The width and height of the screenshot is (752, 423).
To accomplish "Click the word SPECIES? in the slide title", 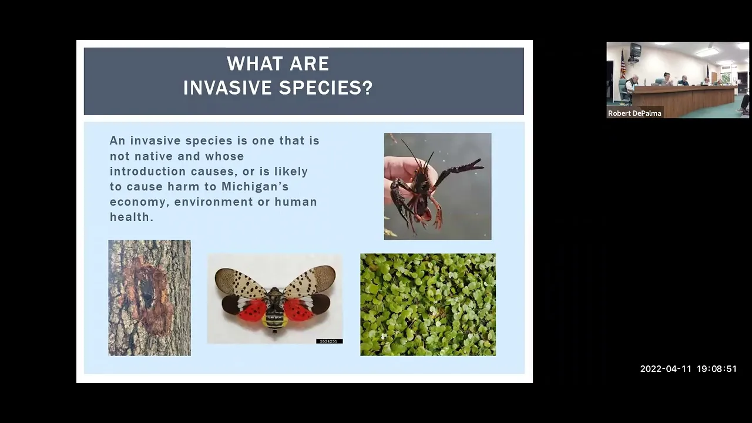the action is (x=325, y=88).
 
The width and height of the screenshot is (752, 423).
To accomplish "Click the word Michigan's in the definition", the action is (x=255, y=187).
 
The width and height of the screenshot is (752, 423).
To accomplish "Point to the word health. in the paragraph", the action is (x=132, y=217).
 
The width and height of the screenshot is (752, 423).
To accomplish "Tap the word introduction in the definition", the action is (x=148, y=171).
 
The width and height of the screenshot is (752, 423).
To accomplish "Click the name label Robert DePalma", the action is (x=634, y=113).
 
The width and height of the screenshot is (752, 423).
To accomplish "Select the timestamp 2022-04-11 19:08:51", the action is (x=688, y=368).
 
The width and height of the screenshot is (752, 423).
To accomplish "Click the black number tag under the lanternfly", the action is (x=329, y=341).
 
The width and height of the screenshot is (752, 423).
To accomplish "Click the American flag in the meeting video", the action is (x=623, y=65).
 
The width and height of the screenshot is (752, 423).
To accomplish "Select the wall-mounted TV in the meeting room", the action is (x=634, y=51).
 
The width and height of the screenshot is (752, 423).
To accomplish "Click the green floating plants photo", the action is (x=428, y=304).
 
